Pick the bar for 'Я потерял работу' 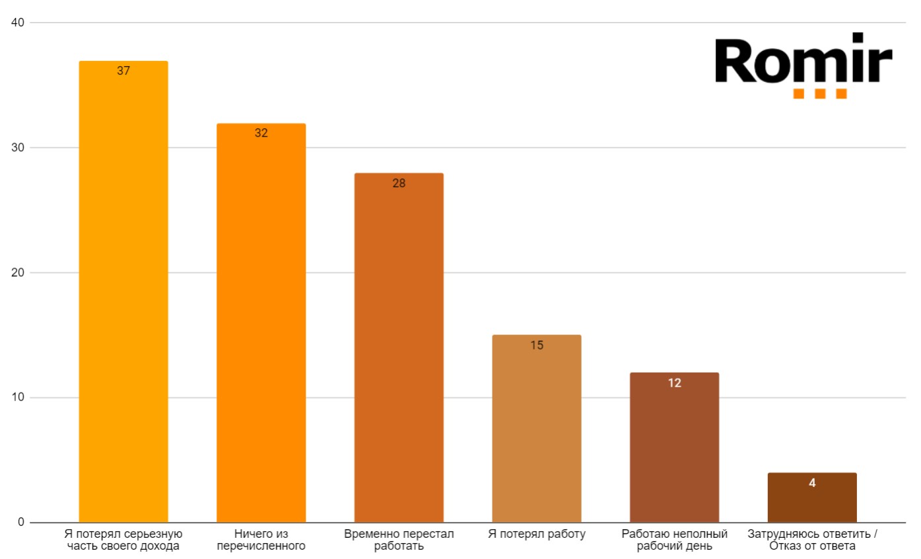coord(537,429)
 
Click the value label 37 coord(123,71)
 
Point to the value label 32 coord(261,133)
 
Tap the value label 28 coord(399,183)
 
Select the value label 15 coord(537,345)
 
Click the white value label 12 coord(674,383)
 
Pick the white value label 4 coord(812,483)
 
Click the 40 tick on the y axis coord(18,22)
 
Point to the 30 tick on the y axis coord(18,147)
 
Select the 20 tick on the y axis coord(18,272)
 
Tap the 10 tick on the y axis coord(18,397)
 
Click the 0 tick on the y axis coord(20,522)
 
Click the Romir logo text coord(803,61)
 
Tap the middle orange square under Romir coord(820,94)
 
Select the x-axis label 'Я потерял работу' coord(537,534)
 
